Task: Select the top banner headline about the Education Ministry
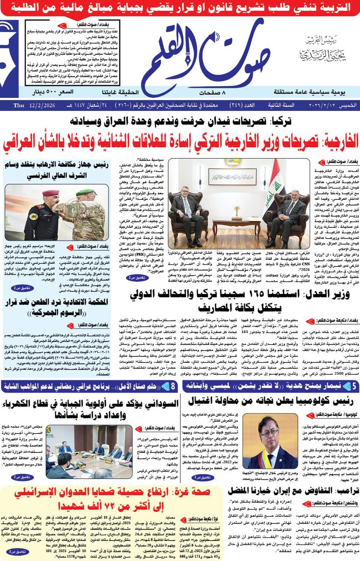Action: coord(180,7)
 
